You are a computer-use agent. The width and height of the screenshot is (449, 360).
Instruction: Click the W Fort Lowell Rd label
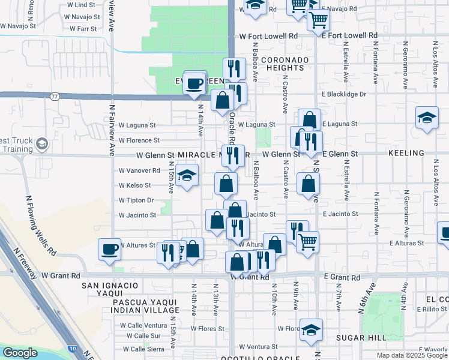point(268,37)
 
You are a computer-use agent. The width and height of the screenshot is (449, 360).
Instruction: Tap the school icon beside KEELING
point(427,118)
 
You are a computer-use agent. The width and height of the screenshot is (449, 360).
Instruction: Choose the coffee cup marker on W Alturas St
point(110,249)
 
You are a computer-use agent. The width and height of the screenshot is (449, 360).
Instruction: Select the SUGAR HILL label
point(360,338)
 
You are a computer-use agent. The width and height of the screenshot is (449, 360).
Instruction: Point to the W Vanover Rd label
point(139,170)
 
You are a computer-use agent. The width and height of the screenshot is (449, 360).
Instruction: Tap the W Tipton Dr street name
point(136,200)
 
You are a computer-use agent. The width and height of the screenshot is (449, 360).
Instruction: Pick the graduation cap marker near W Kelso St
point(187,176)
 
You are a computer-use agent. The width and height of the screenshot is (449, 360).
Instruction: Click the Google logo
point(20,353)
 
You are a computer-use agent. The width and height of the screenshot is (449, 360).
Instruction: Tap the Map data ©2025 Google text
point(412,355)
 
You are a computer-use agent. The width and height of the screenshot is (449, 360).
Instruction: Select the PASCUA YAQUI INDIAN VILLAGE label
point(146,306)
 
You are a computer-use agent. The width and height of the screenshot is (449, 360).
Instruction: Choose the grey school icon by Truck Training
point(41,144)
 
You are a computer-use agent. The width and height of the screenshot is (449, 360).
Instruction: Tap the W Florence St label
point(139,140)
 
